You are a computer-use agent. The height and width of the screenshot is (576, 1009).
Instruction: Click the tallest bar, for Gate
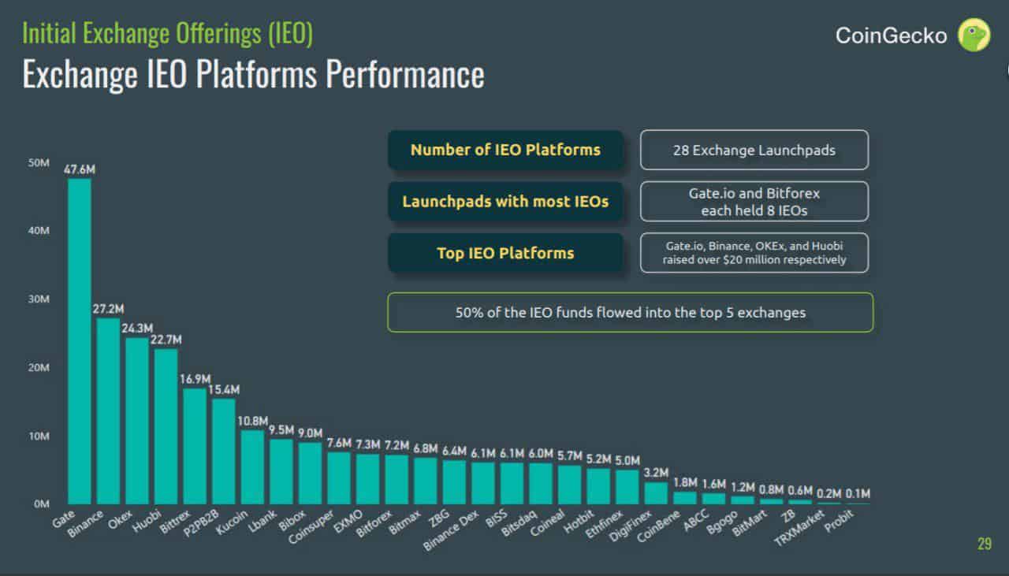(x=80, y=341)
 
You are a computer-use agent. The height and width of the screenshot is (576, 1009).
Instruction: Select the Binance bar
(x=108, y=411)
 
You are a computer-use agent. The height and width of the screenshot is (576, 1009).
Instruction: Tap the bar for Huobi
(x=166, y=426)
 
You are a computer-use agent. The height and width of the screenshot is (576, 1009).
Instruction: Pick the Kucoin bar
(x=252, y=466)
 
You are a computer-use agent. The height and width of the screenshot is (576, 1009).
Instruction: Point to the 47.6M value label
(x=80, y=169)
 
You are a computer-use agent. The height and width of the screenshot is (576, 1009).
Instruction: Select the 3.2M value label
(x=656, y=473)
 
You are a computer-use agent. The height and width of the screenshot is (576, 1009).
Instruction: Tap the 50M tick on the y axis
(x=39, y=163)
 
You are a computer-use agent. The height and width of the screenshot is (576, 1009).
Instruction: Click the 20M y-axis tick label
(x=39, y=367)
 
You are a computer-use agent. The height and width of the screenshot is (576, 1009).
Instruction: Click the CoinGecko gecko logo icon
(x=974, y=35)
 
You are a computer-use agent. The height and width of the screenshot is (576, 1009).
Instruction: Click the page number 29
(x=984, y=544)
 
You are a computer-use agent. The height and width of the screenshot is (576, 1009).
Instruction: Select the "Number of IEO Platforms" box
(x=505, y=150)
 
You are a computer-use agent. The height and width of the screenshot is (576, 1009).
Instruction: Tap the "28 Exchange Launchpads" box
(x=754, y=150)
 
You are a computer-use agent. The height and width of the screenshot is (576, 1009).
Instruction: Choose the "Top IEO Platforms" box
(x=505, y=253)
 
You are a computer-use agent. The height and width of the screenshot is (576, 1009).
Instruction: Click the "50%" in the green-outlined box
(x=469, y=313)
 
